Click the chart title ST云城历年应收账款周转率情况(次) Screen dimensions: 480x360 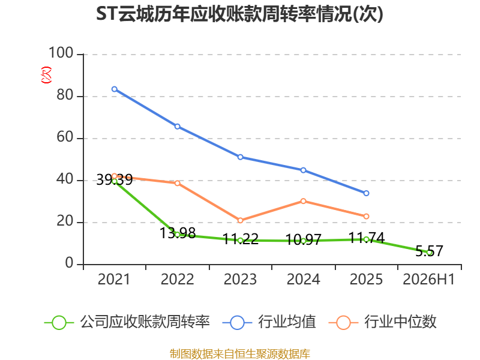(239, 14)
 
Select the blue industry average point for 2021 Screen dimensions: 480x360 (115, 89)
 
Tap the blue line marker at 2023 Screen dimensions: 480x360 (241, 157)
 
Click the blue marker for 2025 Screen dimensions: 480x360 (366, 193)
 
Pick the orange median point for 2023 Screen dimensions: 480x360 (241, 220)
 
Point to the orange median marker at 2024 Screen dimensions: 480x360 (304, 201)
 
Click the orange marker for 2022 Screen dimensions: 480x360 (178, 183)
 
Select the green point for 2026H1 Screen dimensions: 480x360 (429, 253)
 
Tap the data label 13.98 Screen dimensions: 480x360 (178, 233)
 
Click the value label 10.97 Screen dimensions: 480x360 (304, 239)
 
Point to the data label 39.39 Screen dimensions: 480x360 (115, 179)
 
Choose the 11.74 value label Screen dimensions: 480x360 (367, 238)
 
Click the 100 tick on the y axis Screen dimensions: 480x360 (61, 53)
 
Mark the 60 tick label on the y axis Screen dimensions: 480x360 (65, 137)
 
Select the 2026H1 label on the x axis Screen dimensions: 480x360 (429, 279)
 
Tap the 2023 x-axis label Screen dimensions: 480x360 (241, 279)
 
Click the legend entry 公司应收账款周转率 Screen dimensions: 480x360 (127, 322)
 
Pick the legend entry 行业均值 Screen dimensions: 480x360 (269, 322)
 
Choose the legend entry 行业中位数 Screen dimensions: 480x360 (382, 322)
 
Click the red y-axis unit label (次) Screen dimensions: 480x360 (46, 75)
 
